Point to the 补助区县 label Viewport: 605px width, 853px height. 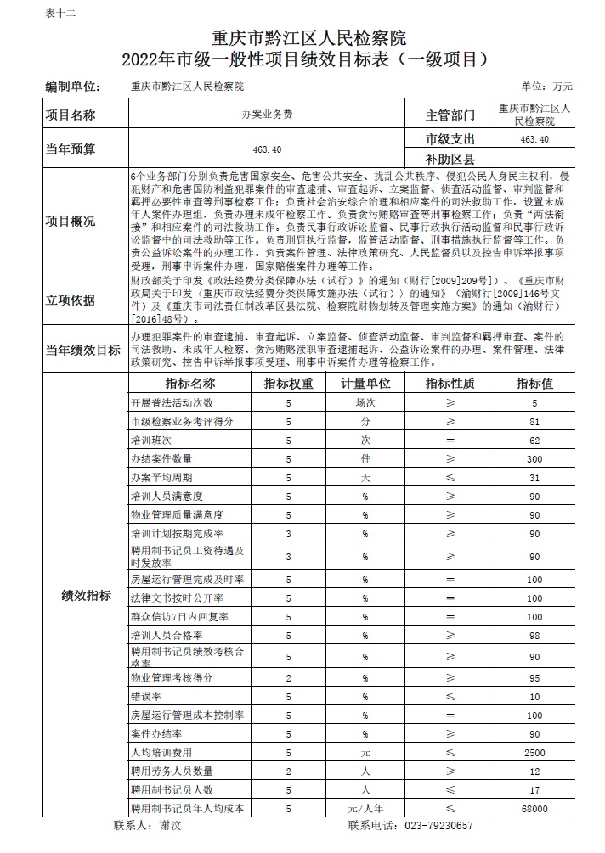click(x=450, y=159)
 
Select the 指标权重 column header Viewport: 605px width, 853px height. click(x=289, y=384)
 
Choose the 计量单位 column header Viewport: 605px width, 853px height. click(x=365, y=384)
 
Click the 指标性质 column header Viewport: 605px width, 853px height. click(x=450, y=384)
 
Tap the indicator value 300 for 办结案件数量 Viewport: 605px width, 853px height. click(x=534, y=458)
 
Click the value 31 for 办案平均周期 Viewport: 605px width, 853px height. click(x=534, y=478)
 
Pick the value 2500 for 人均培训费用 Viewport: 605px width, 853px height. click(x=534, y=753)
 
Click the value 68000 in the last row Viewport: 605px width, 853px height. click(x=534, y=809)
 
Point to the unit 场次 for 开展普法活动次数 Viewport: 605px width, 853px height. click(x=365, y=403)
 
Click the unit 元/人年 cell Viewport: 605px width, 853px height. click(x=365, y=809)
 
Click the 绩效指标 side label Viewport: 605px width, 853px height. click(x=86, y=596)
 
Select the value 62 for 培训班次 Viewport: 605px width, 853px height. click(x=534, y=441)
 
